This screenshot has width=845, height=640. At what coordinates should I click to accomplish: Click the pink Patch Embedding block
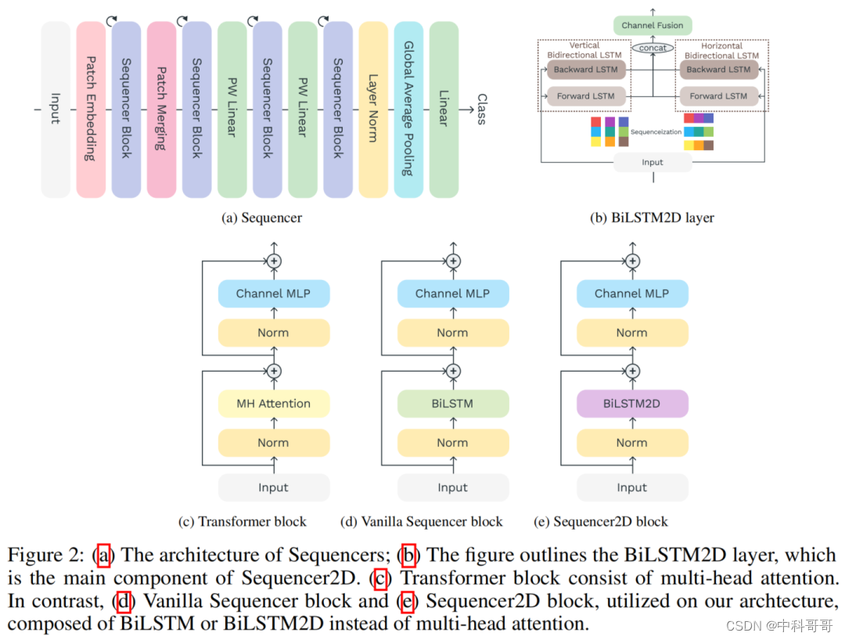(x=91, y=110)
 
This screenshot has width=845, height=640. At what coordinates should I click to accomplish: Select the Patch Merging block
(x=161, y=110)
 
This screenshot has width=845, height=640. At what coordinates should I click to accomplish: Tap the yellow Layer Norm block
(x=373, y=110)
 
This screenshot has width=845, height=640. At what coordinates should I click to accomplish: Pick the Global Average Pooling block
(x=408, y=110)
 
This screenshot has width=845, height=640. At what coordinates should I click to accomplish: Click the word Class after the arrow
(x=481, y=110)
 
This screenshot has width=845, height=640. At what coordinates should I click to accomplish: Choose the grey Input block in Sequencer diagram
(x=56, y=110)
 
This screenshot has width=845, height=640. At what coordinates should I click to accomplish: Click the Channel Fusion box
(x=653, y=25)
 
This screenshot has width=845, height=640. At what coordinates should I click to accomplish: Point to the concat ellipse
(x=653, y=48)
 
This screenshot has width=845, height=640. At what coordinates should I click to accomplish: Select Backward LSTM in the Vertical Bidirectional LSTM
(x=585, y=70)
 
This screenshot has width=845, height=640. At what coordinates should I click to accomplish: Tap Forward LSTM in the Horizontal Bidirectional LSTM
(x=718, y=96)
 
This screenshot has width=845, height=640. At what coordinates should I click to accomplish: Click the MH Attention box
(x=273, y=404)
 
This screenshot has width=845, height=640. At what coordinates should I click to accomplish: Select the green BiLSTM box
(x=452, y=404)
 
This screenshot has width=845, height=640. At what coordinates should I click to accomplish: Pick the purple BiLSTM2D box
(x=631, y=404)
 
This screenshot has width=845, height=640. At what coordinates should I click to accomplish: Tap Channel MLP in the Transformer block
(x=273, y=293)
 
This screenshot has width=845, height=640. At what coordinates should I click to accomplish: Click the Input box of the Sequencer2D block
(x=631, y=487)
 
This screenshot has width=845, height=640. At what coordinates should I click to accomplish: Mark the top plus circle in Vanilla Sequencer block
(x=453, y=261)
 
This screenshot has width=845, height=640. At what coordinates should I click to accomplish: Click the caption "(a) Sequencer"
(x=261, y=218)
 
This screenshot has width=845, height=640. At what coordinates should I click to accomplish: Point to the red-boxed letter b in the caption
(x=408, y=555)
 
